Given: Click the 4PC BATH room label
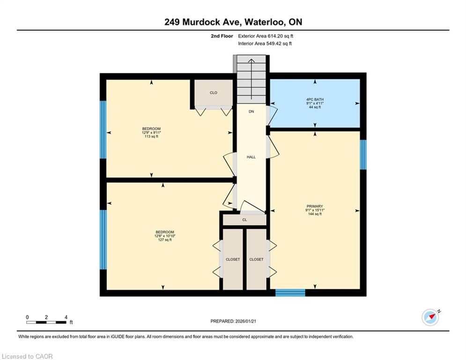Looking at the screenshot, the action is coord(315,99).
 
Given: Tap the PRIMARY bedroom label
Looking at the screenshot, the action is coord(315,206).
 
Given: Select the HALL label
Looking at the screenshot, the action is coord(251,157).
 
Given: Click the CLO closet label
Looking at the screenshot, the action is coord(214,93).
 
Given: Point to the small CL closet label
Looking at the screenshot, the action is coord(244,220).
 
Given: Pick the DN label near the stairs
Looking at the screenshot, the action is coord(251,112).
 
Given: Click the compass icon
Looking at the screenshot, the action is coord(431,317).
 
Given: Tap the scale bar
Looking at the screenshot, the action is coord(46,322).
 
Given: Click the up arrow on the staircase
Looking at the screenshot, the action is coord(251,79).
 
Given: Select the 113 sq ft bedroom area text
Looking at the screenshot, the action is coord(151,136).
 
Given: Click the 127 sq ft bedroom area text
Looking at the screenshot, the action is coord(165,240).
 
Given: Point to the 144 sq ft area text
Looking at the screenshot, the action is coord(315,214).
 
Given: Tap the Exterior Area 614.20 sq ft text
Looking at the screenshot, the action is coord(266,36).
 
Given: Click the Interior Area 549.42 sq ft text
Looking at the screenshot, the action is coord(265,44).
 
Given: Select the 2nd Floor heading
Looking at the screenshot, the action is coord(222,36).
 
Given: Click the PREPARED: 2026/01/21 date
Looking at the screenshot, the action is coord(233,321).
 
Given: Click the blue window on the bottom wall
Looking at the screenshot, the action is coord(290,293).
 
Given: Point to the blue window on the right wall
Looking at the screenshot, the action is coord(363,155).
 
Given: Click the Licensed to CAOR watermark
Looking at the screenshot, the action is coord(27,356).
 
